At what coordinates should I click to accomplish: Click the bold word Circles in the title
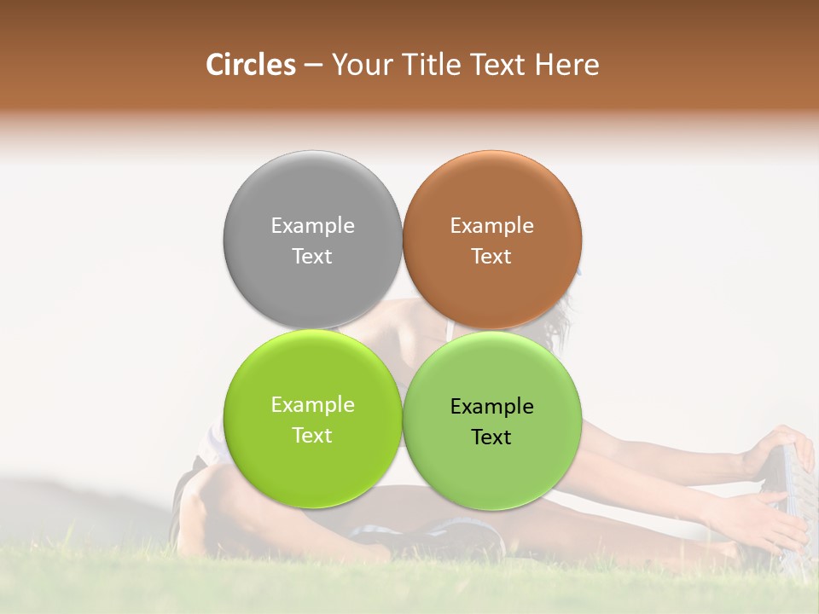(250, 65)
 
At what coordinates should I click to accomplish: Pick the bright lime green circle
(312, 465)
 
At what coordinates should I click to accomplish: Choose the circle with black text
(491, 469)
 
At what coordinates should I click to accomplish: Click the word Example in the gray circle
(312, 226)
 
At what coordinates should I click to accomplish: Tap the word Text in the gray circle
(312, 257)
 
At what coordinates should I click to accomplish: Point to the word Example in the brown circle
(491, 226)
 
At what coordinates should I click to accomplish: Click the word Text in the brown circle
(491, 257)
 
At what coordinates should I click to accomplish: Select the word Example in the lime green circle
(312, 405)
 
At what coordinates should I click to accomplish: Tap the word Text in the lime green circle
(312, 436)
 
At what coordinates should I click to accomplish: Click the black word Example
(491, 407)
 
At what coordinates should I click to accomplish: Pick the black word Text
(491, 437)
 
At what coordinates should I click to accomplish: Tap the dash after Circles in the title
(313, 66)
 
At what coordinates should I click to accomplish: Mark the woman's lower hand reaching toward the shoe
(751, 517)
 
